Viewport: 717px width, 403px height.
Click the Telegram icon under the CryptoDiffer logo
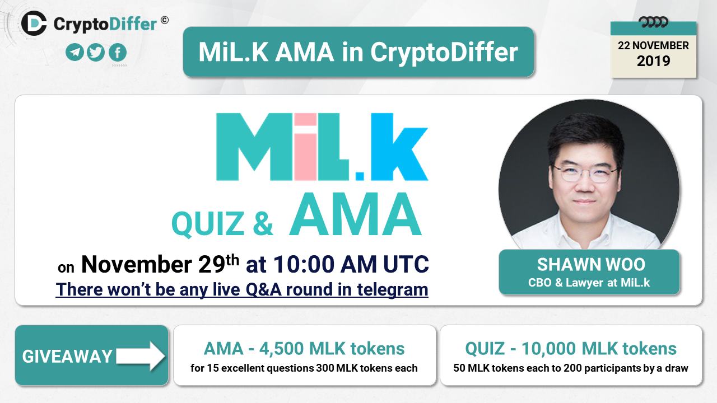click(x=75, y=52)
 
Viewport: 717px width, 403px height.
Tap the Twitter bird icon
click(x=95, y=52)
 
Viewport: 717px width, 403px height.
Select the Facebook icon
click(x=118, y=52)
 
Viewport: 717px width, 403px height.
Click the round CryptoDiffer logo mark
click(x=34, y=23)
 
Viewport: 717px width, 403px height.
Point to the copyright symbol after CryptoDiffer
click(x=165, y=20)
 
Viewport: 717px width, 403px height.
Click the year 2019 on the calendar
click(x=653, y=61)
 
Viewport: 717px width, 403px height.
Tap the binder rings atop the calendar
click(x=653, y=22)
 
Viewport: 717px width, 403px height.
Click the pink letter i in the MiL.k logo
click(x=305, y=147)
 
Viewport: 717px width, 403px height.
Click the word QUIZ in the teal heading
click(x=208, y=224)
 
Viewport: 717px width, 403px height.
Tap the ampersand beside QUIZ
click(x=263, y=223)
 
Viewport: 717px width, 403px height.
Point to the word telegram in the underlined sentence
click(x=393, y=290)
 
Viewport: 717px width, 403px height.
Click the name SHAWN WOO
click(x=591, y=265)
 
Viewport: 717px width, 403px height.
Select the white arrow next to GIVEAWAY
click(x=141, y=356)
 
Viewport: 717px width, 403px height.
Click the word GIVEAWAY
click(x=67, y=357)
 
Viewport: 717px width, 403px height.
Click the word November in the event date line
click(x=137, y=265)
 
